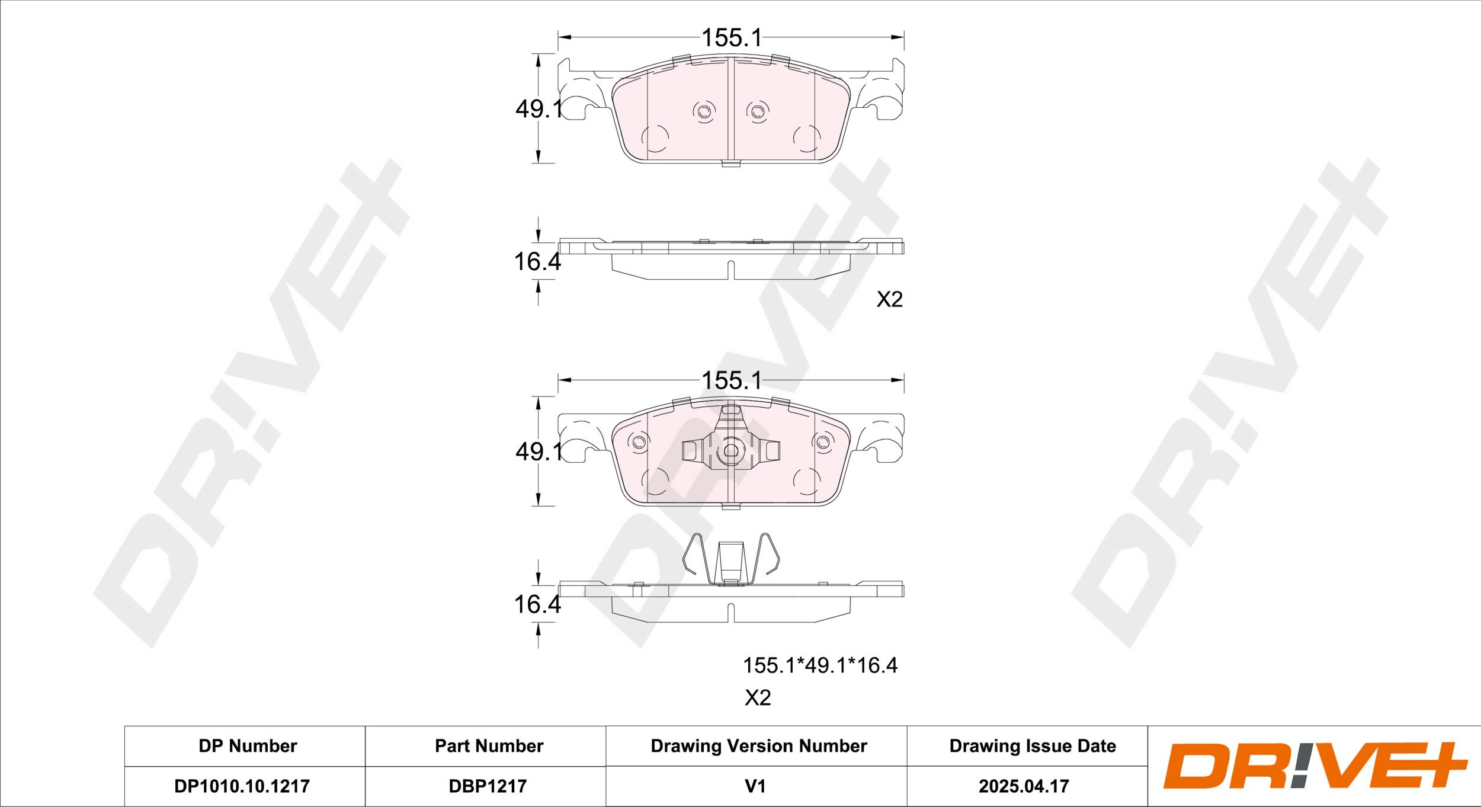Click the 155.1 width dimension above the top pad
[731, 38]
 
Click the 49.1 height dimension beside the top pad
[538, 108]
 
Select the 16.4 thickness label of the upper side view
[537, 262]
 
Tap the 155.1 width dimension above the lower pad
[731, 380]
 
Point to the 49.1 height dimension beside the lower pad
[538, 451]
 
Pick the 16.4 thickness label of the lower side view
[537, 604]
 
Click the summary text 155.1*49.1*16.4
[820, 665]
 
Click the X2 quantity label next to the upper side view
[890, 299]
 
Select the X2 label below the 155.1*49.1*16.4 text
[758, 698]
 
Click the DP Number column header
[248, 746]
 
